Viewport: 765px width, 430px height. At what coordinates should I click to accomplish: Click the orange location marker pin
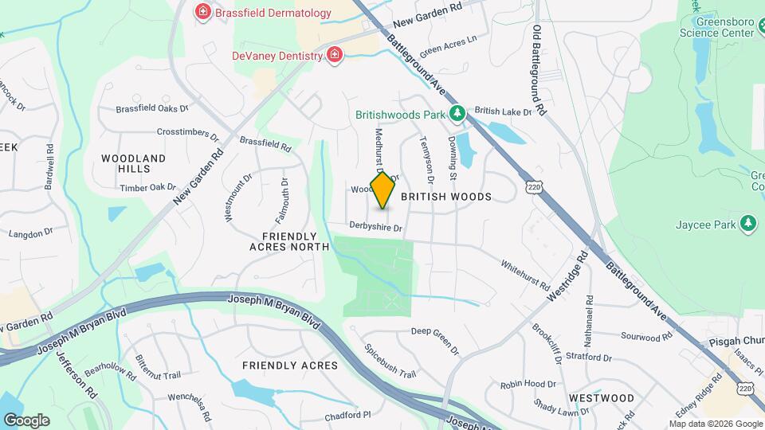pos(383,190)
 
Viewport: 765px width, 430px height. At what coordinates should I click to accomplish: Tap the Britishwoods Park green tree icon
pos(457,114)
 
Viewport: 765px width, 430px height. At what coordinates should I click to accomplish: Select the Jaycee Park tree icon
pos(748,224)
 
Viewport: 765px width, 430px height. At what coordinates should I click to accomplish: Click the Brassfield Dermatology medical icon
pos(202,12)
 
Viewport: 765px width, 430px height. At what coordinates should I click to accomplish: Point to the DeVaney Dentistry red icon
pos(335,55)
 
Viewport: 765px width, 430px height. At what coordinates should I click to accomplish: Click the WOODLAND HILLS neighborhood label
pos(134,163)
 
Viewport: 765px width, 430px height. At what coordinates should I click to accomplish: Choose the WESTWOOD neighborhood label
pos(602,397)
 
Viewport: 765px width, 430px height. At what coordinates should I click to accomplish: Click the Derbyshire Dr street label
pos(377,227)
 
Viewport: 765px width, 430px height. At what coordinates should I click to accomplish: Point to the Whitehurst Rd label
pos(525,274)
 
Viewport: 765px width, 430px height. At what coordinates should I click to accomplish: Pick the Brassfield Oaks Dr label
pos(152,108)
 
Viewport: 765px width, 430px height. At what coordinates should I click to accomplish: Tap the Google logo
pos(26,420)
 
